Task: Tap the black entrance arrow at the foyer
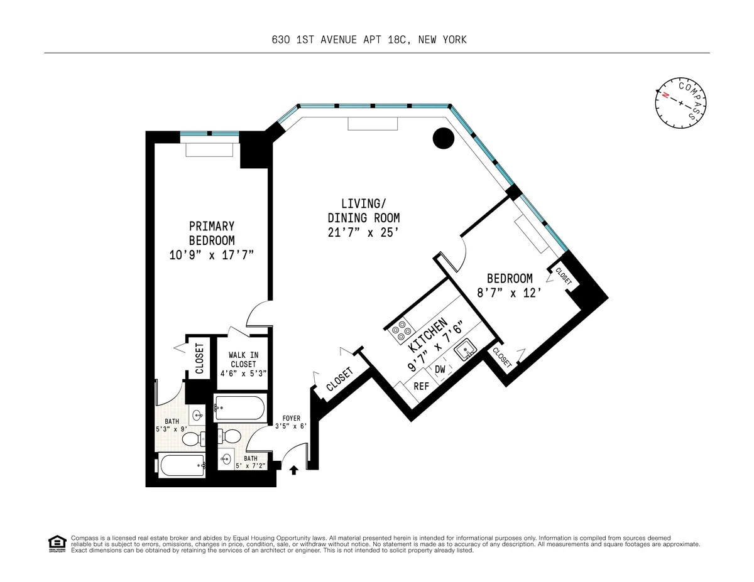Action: pyautogui.click(x=293, y=469)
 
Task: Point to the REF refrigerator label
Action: pyautogui.click(x=421, y=386)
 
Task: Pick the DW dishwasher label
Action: pyautogui.click(x=440, y=370)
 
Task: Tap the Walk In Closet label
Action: pyautogui.click(x=243, y=364)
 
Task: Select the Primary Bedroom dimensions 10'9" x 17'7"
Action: pyautogui.click(x=212, y=255)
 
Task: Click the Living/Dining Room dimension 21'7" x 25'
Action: pyautogui.click(x=363, y=233)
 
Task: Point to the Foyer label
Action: pyautogui.click(x=291, y=418)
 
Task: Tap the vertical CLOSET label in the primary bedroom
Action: pyautogui.click(x=200, y=359)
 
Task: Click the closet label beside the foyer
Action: pyautogui.click(x=340, y=379)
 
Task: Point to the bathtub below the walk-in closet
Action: pyautogui.click(x=239, y=407)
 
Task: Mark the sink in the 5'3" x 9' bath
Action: pyautogui.click(x=198, y=415)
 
